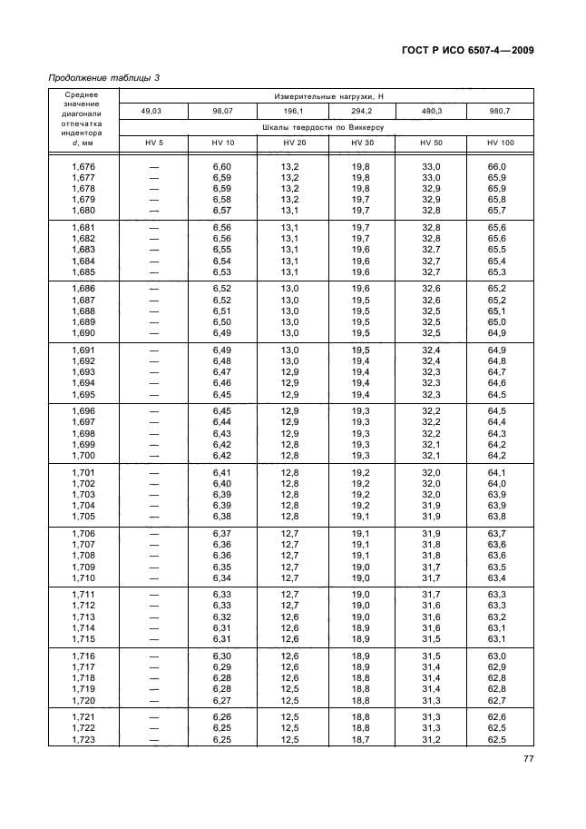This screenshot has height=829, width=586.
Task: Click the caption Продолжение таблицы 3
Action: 103,78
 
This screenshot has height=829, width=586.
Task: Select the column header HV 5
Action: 153,143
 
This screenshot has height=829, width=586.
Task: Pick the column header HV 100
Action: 500,143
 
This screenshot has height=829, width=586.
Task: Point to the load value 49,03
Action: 153,111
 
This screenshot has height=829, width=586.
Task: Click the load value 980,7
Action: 500,111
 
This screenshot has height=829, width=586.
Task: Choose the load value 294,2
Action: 361,111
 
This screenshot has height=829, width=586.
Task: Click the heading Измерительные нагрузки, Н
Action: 327,94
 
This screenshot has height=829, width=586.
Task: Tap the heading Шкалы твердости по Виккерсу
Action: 327,127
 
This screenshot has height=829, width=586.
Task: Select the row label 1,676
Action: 83,166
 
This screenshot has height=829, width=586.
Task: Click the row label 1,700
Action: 83,455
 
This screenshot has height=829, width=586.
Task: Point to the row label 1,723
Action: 83,740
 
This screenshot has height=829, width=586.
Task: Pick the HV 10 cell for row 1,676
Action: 222,166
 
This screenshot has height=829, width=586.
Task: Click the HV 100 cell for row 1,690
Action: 497,332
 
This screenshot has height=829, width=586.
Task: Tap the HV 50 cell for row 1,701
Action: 430,473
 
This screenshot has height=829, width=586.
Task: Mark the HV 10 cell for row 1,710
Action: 222,577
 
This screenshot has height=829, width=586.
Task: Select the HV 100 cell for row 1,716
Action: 497,656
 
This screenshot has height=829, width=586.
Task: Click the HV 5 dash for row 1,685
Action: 153,271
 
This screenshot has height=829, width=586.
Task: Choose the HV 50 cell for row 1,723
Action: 430,740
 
